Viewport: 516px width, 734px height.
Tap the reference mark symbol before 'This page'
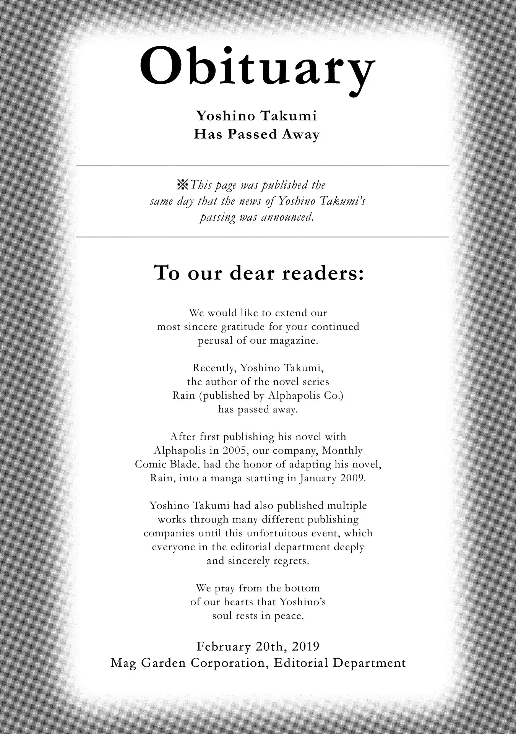pyautogui.click(x=182, y=185)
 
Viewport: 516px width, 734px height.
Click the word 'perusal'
pyautogui.click(x=215, y=341)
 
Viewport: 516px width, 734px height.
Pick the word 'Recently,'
pyautogui.click(x=214, y=368)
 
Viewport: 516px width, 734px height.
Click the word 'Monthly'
pyautogui.click(x=342, y=451)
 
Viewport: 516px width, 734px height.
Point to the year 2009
pyautogui.click(x=353, y=478)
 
